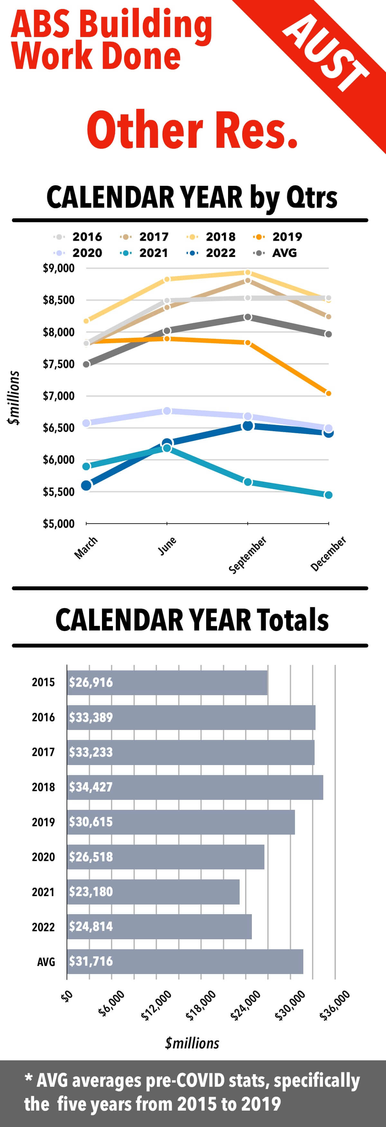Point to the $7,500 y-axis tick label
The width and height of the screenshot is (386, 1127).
[x=59, y=364]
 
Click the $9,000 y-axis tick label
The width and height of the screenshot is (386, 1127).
[x=59, y=268]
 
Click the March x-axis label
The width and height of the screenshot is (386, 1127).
[x=86, y=548]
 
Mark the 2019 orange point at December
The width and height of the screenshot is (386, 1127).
[x=328, y=393]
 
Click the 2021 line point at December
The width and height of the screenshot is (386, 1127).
[x=328, y=495]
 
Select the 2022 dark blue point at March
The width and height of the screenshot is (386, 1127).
[x=86, y=485]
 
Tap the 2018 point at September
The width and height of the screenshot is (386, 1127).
[x=247, y=272]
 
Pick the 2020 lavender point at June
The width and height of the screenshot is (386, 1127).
[x=167, y=411]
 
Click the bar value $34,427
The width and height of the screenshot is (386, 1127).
[x=91, y=787]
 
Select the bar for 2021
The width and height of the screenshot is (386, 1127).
[x=153, y=892]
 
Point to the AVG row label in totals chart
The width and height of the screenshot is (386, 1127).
[x=46, y=961]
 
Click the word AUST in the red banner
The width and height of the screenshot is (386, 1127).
[x=326, y=53]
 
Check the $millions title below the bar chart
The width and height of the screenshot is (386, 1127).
[x=192, y=1043]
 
